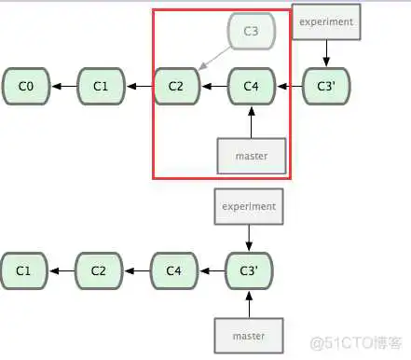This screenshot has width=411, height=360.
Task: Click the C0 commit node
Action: click(x=26, y=87)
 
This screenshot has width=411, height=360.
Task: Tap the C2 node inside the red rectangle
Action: click(x=176, y=87)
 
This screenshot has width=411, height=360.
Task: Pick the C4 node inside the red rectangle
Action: click(x=251, y=87)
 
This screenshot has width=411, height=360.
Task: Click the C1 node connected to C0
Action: click(x=101, y=87)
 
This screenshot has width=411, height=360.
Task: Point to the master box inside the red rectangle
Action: click(x=250, y=156)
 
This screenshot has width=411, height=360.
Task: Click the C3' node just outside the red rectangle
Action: click(x=326, y=87)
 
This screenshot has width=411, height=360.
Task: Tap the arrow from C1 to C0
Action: click(x=63, y=87)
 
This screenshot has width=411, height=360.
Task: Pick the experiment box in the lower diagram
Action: click(x=249, y=206)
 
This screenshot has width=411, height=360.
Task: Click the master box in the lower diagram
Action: click(x=249, y=335)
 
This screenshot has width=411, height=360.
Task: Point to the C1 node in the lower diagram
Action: click(x=25, y=271)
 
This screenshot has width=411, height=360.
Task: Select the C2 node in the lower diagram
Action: click(x=100, y=271)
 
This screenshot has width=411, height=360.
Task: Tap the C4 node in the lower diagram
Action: click(x=174, y=271)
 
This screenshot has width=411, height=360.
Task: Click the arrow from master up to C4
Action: click(x=251, y=121)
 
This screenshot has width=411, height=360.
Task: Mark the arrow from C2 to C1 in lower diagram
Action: click(x=62, y=271)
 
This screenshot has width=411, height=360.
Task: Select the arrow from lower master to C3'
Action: click(x=249, y=303)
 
